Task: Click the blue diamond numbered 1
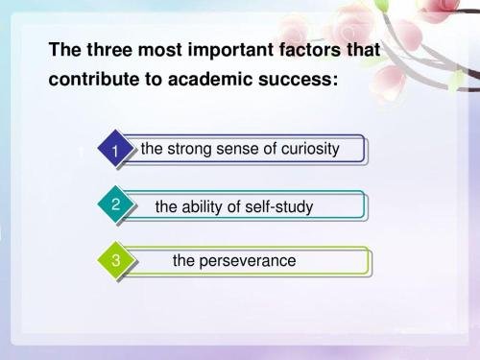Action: tap(115, 151)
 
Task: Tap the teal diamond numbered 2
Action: tap(115, 204)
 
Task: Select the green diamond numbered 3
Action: tap(115, 260)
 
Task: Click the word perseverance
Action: tap(248, 261)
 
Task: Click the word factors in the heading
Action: tap(309, 50)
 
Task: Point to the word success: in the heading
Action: tap(295, 81)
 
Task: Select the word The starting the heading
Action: tap(63, 50)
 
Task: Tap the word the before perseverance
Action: tap(184, 261)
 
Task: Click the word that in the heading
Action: tap(364, 50)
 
